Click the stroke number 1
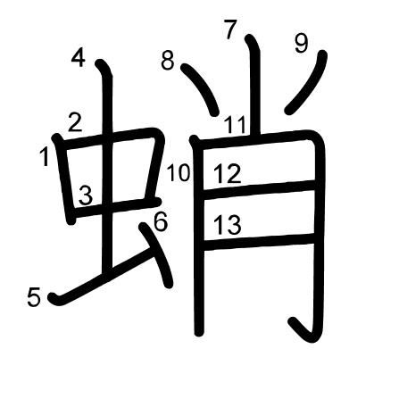tap(45, 157)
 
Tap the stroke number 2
tap(75, 122)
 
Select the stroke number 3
tap(86, 195)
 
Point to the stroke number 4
tap(79, 58)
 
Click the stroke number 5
tap(34, 297)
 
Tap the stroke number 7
tap(231, 29)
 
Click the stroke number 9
tap(302, 44)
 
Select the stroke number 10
tap(179, 172)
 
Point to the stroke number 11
tap(236, 124)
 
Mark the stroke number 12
tap(228, 174)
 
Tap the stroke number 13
tap(228, 225)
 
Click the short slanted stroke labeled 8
tap(202, 87)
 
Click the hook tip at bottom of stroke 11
tap(294, 322)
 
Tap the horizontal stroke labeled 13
tap(259, 242)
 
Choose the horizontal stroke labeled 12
tap(259, 189)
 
